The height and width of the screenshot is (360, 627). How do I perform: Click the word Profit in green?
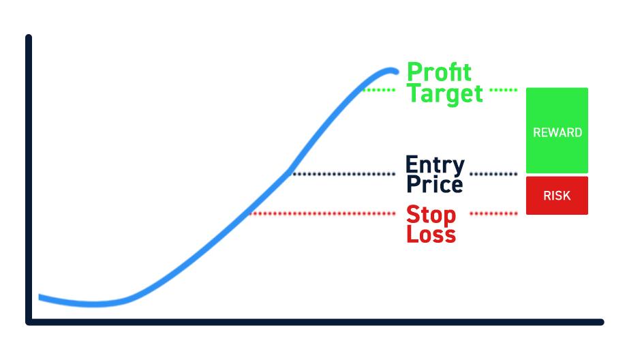coord(439,72)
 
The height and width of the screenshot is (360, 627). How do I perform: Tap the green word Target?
coord(444,94)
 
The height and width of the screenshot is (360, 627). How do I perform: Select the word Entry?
coord(435,165)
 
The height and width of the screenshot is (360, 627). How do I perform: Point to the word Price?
coord(435,184)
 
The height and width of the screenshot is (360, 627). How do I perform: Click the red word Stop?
coord(431,215)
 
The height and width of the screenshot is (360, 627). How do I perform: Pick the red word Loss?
coord(431,234)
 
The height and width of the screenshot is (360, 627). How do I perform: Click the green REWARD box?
coord(557,130)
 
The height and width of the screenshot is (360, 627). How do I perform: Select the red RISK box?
coord(557,196)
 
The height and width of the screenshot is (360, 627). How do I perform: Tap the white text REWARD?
coord(557,132)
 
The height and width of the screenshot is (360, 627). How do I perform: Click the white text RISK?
coord(557,196)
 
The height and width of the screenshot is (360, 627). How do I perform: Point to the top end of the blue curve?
coord(396,72)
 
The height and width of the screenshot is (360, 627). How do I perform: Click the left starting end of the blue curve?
coord(40,297)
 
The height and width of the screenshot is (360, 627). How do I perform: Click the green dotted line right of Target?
coord(504,90)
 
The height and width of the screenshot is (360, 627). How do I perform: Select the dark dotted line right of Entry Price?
coord(493,174)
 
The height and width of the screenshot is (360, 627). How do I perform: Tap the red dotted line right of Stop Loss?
coord(493,213)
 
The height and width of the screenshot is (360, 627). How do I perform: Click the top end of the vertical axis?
coord(29,37)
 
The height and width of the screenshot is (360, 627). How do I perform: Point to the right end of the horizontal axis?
coord(601,322)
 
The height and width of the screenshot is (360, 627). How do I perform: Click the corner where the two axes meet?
coord(29,322)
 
